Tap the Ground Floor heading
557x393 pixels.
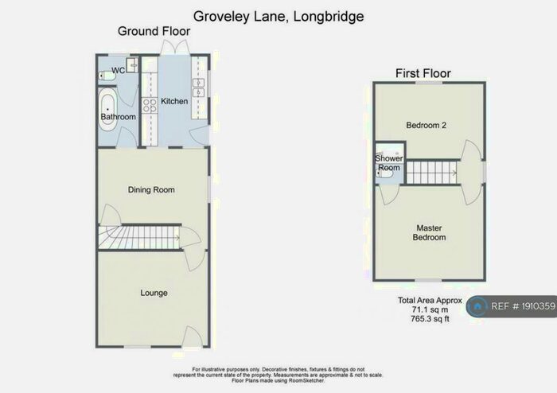tap(148, 31)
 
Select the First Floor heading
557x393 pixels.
tap(423, 73)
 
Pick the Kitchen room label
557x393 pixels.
tap(174, 101)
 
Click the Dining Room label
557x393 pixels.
tap(151, 189)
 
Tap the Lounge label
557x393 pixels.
tap(154, 293)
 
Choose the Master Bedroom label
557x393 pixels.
tap(430, 232)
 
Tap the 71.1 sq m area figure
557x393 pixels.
tap(430, 309)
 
